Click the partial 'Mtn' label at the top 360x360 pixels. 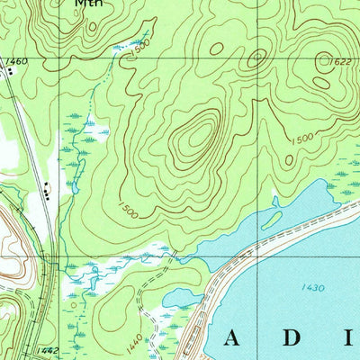tap(88, 4)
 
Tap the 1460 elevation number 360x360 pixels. tap(13, 60)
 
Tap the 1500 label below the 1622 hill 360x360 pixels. tap(301, 139)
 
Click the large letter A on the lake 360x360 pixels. tap(233, 337)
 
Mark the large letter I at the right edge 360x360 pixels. tap(349, 337)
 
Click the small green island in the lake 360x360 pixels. tap(273, 220)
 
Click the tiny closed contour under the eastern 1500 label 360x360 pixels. tap(290, 158)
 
